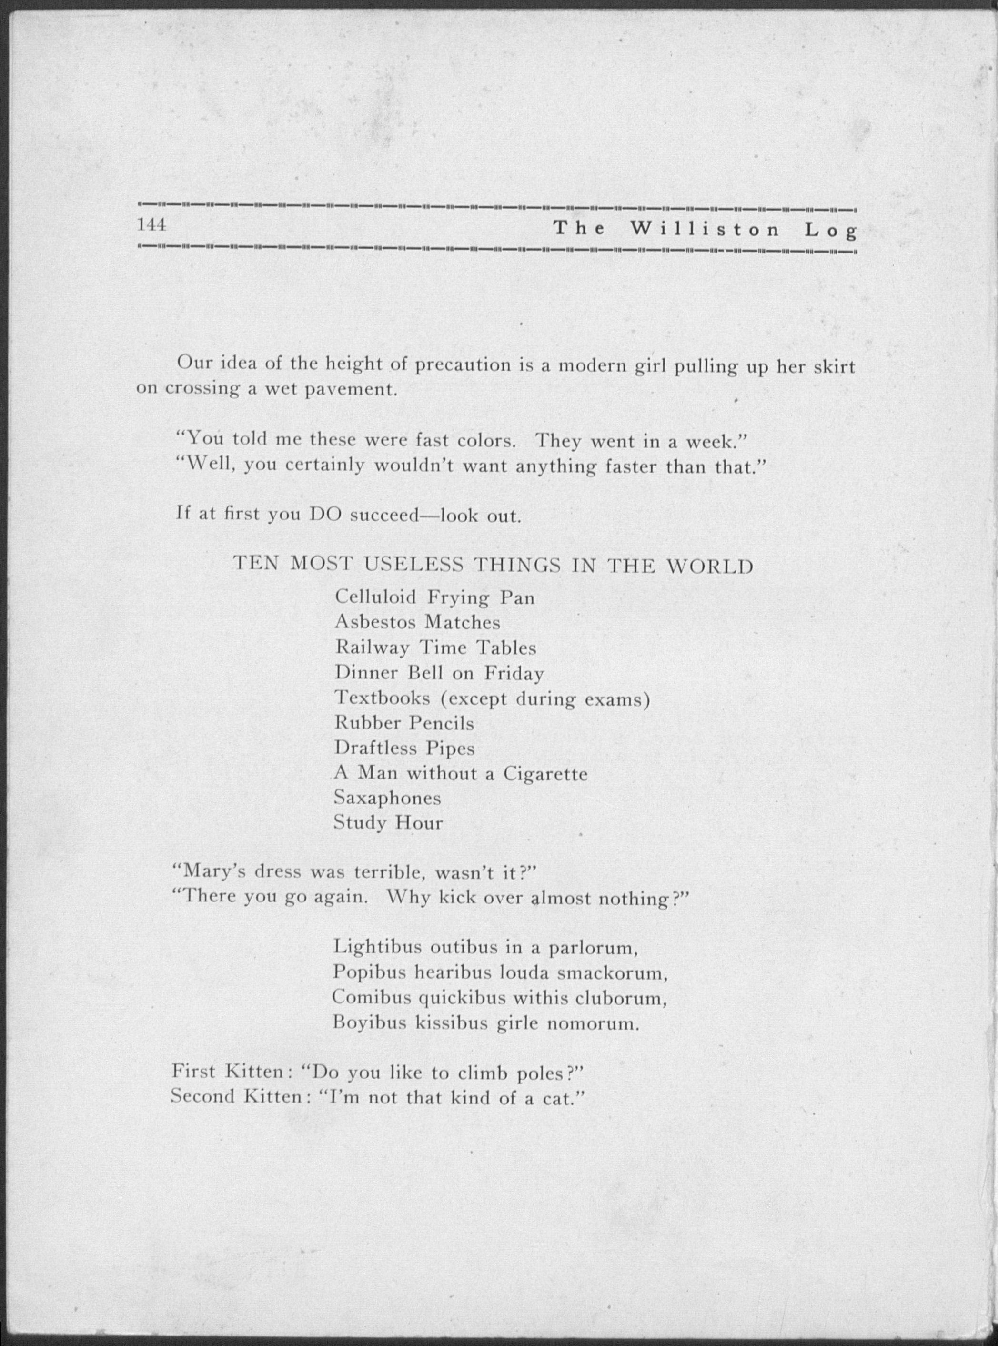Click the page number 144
tap(151, 225)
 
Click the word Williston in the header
tap(705, 230)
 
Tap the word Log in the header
tap(831, 231)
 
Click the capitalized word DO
tap(326, 514)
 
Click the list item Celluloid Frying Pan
tap(434, 597)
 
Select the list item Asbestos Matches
tap(417, 622)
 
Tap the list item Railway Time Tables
tap(435, 648)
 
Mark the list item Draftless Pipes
tap(404, 748)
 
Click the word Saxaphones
tap(387, 798)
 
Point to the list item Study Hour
tap(388, 822)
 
